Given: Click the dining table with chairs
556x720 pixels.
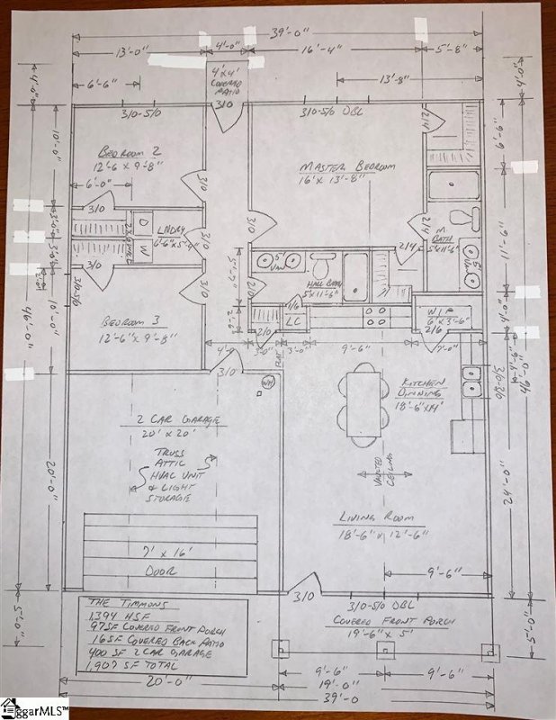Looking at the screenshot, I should coord(363,404).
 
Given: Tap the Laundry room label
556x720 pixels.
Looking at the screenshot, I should coord(170,236).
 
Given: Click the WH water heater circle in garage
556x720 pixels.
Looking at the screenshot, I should coord(267,384).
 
